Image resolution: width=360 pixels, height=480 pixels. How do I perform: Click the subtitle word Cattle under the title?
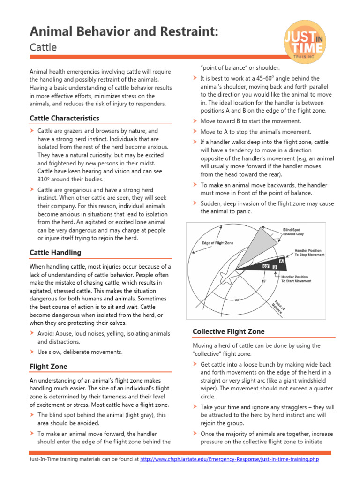[43, 47]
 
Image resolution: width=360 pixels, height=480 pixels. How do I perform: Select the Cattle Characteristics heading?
[64, 118]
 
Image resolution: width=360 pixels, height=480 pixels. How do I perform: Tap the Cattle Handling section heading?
[55, 253]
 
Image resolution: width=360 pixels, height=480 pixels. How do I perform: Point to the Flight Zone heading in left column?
[48, 366]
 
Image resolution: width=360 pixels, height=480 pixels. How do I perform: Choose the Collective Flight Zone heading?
[228, 331]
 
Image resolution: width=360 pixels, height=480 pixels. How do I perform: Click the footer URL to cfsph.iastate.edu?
[229, 459]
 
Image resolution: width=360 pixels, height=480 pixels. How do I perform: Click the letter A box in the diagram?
[281, 261]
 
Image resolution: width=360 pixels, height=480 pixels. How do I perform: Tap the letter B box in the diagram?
[275, 267]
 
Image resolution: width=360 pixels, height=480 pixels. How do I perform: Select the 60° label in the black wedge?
[265, 266]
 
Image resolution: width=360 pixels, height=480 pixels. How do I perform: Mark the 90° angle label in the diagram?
[237, 299]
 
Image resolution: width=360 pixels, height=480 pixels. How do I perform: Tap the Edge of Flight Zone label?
[217, 243]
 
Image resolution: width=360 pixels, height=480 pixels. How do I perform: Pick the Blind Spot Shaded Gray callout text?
[297, 232]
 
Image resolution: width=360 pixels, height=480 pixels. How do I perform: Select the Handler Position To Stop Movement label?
[309, 253]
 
